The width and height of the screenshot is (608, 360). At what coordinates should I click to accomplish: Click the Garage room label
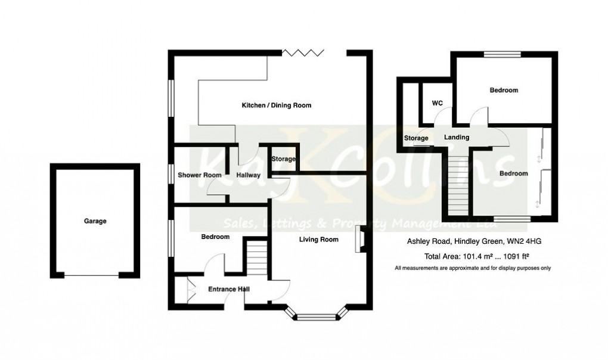point(95,221)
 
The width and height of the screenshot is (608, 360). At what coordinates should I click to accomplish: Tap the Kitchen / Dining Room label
point(276,105)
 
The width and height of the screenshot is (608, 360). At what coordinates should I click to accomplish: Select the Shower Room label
point(200,175)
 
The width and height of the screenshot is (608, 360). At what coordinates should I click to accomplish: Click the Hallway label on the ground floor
point(248,175)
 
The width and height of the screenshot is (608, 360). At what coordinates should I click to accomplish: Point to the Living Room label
point(318,240)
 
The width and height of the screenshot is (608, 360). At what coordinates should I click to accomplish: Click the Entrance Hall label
point(229,290)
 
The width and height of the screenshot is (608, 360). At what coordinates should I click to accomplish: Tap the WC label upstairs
point(437,103)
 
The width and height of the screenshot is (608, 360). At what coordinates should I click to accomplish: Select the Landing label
point(457,138)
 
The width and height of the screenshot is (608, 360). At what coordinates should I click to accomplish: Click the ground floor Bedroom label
point(215,237)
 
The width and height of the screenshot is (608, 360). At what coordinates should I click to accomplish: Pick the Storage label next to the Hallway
point(283,159)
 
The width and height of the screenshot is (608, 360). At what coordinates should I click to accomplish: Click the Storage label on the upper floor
point(417,138)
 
